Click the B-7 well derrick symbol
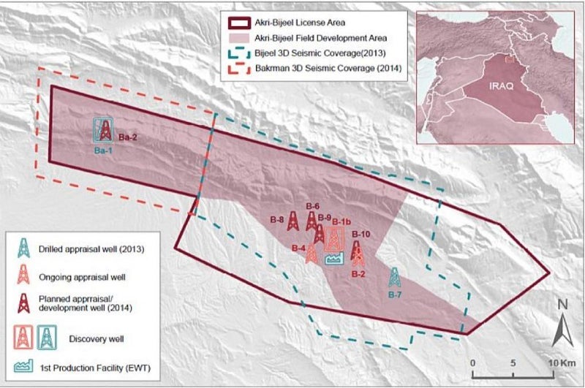pyautogui.click(x=394, y=278)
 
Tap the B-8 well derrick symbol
pyautogui.click(x=292, y=221)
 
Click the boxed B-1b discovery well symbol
pyautogui.click(x=335, y=238)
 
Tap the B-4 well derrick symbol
pyautogui.click(x=312, y=253)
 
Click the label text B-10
pyautogui.click(x=361, y=234)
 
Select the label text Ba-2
pyautogui.click(x=128, y=137)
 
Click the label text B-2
pyautogui.click(x=358, y=274)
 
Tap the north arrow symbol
pyautogui.click(x=560, y=330)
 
